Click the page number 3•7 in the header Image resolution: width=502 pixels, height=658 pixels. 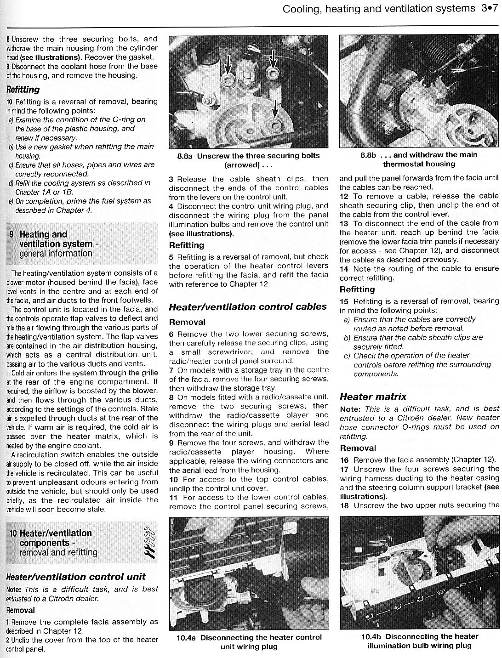point(490,8)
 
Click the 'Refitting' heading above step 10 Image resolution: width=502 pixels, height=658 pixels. point(23,89)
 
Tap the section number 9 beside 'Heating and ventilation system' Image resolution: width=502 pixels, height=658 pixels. point(11,234)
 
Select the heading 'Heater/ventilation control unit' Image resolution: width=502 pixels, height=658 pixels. point(76,577)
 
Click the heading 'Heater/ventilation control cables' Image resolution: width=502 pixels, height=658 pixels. point(248,306)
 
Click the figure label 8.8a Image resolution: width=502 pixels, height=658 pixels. point(185,156)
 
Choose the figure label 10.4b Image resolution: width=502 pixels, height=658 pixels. point(371,636)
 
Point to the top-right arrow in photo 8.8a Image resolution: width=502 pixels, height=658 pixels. point(273,61)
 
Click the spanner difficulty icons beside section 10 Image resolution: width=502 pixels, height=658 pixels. point(149,543)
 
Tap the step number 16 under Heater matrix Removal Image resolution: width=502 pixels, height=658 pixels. point(344,459)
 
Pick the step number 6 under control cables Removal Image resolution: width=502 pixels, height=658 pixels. point(171,334)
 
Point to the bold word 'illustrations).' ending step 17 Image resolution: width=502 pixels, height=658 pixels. point(363,496)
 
